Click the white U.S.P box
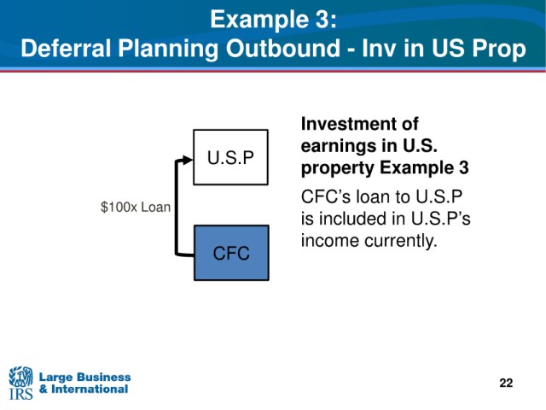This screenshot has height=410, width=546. pyautogui.click(x=230, y=157)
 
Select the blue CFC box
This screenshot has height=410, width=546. pyautogui.click(x=231, y=253)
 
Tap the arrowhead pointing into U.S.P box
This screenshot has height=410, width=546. pyautogui.click(x=188, y=160)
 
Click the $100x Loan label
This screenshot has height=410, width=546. pyautogui.click(x=136, y=207)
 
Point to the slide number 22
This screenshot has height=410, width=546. pyautogui.click(x=506, y=383)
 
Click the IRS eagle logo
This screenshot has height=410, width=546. pyautogui.click(x=20, y=383)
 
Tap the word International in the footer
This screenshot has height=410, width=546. pyautogui.click(x=90, y=389)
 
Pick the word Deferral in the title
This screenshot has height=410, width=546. pyautogui.click(x=66, y=48)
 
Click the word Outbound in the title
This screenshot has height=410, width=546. pyautogui.click(x=282, y=48)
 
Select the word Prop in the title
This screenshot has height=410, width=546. pyautogui.click(x=499, y=49)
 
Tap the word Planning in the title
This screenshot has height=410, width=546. pyautogui.click(x=169, y=49)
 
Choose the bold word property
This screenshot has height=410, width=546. pyautogui.click(x=337, y=168)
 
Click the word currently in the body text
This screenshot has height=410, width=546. pyautogui.click(x=403, y=241)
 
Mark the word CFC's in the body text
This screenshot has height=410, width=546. pyautogui.click(x=326, y=196)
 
